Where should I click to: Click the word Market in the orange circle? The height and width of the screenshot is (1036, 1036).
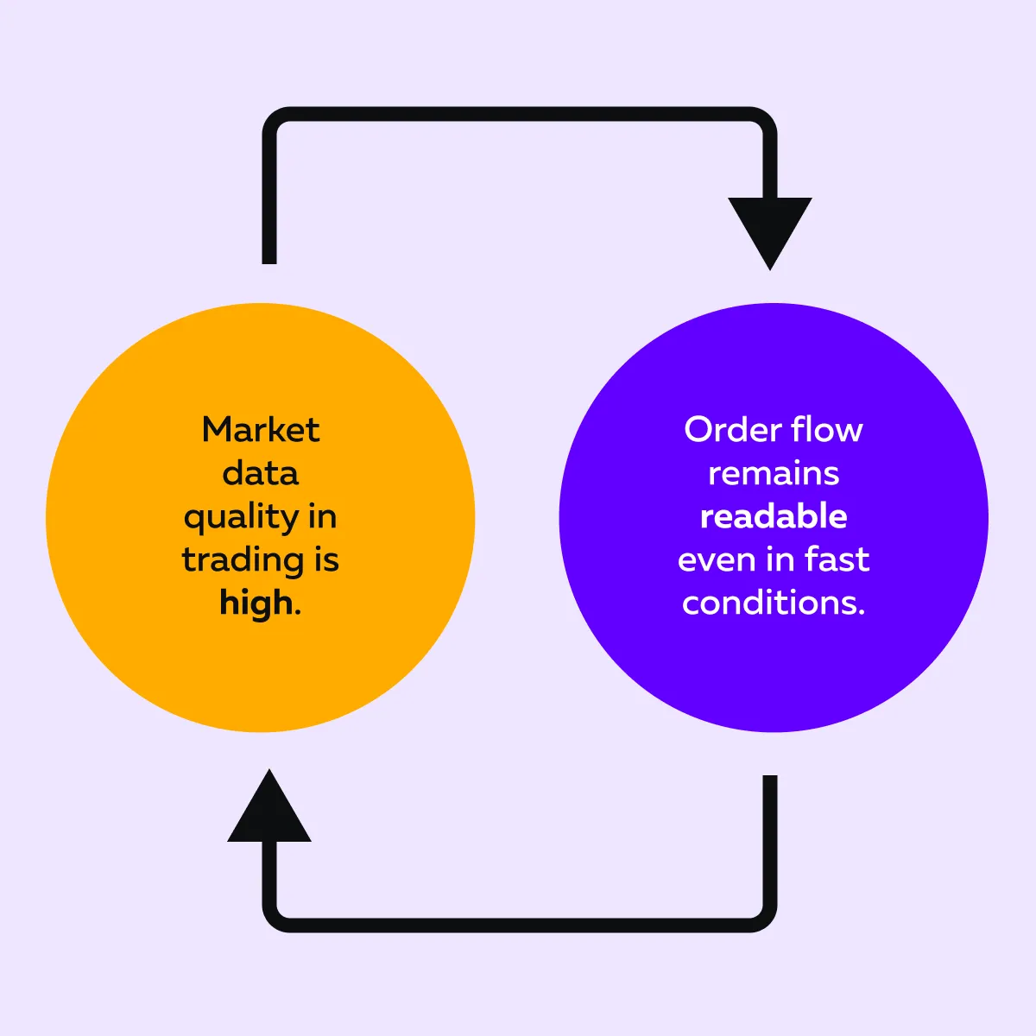coord(261,430)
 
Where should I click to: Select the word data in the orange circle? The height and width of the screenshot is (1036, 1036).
coord(261,473)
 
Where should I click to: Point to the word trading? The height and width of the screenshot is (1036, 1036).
coord(243,561)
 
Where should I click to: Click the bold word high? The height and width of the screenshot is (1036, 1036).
coord(256,603)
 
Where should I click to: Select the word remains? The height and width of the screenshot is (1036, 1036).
coord(774,473)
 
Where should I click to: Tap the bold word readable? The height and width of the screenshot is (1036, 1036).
coord(774,516)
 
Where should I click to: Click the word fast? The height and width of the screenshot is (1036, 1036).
coord(837,559)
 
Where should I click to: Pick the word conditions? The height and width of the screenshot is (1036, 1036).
coord(774,603)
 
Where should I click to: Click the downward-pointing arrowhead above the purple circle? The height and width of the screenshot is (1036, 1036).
coord(769,230)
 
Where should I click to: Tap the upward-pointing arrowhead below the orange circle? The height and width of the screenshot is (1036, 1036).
coord(269,808)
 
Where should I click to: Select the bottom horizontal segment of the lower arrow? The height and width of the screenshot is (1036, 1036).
coord(518,925)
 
